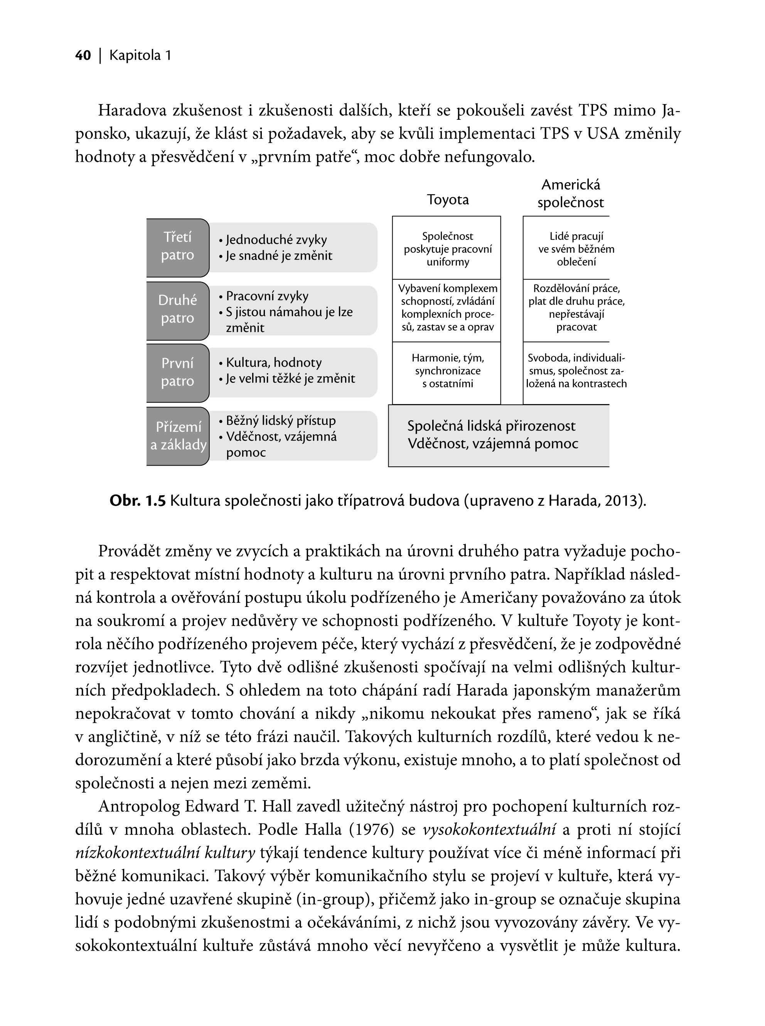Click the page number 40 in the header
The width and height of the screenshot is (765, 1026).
pos(83,55)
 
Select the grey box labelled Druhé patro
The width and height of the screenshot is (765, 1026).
pos(178,310)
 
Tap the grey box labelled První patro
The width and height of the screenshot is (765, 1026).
pos(178,373)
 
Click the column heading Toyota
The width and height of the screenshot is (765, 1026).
pos(447,200)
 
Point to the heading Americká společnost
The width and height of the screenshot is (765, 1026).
pos(571,194)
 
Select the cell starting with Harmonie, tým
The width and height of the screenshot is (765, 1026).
pos(447,371)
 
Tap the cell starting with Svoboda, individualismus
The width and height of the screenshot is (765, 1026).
pos(576,371)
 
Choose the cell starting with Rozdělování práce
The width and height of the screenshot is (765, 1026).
pos(576,308)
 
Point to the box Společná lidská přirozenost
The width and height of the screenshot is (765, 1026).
pos(493,435)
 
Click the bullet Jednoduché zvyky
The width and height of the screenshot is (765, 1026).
pos(276,240)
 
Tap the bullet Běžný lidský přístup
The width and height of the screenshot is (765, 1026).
pos(281,421)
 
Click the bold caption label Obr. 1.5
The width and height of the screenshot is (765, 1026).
pos(138,501)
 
